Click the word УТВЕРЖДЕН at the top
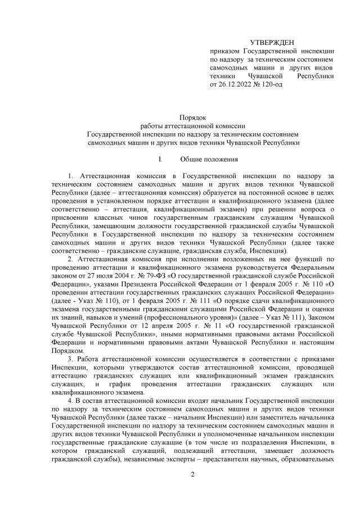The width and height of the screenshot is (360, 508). point(271,43)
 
